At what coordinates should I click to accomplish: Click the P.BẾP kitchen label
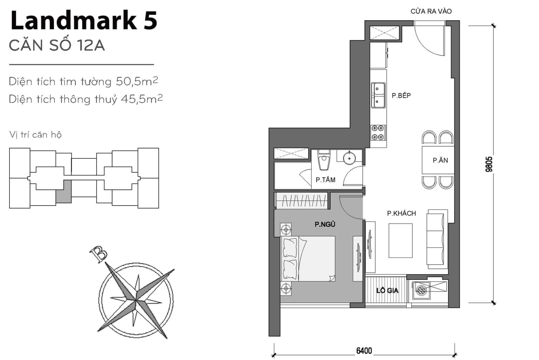(401, 96)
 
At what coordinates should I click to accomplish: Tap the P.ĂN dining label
(440, 161)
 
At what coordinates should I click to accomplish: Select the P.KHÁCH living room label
(401, 213)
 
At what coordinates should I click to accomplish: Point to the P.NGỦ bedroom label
(325, 224)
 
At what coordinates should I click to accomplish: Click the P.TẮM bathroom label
(325, 180)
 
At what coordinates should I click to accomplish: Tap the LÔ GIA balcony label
(387, 290)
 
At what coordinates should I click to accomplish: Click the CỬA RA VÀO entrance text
(431, 11)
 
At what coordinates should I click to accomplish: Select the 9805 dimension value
(489, 164)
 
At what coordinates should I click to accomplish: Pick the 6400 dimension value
(364, 351)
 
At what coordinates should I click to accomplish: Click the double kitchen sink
(378, 95)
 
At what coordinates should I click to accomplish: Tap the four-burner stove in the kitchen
(378, 133)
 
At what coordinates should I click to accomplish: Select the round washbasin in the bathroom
(349, 158)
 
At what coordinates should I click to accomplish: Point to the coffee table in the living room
(400, 241)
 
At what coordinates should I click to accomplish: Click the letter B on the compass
(98, 253)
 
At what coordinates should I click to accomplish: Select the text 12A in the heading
(91, 46)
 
